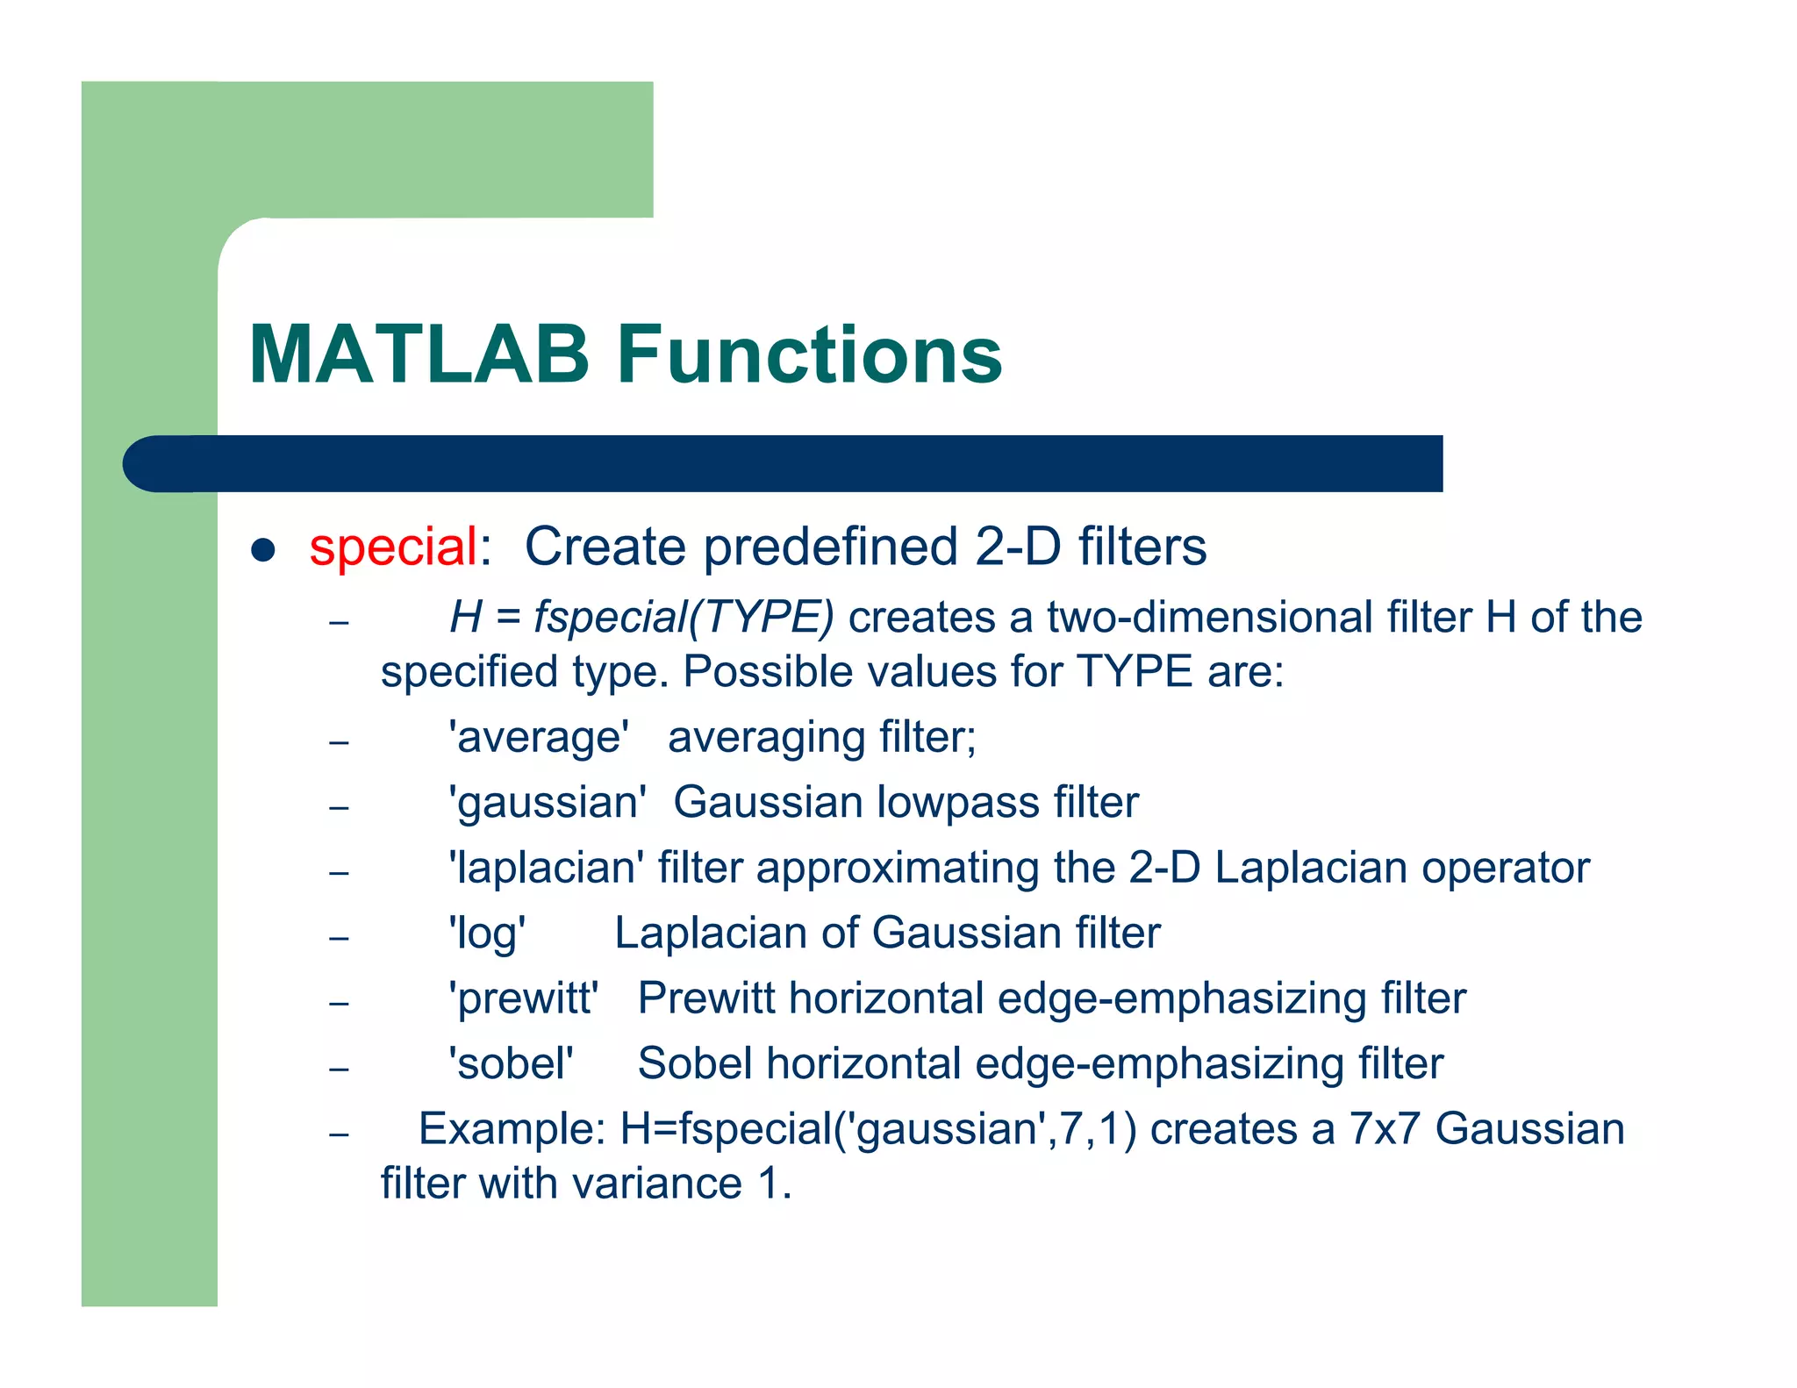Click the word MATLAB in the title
tap(419, 354)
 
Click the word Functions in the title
tap(809, 354)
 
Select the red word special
tap(393, 547)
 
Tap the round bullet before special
tap(263, 550)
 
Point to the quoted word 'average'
tap(539, 737)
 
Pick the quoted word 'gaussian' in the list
tap(547, 803)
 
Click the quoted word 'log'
tap(487, 934)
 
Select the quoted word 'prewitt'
tap(523, 998)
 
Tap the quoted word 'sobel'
tap(511, 1064)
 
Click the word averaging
tap(754, 737)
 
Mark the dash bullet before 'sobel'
tap(340, 1069)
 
